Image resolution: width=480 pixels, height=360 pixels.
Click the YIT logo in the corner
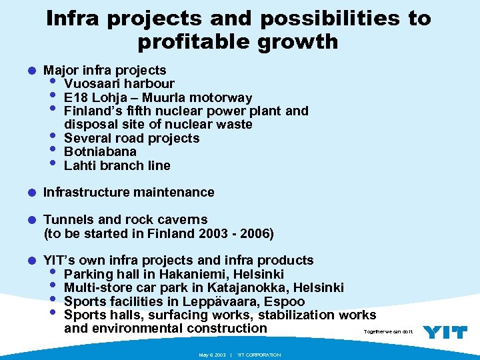point(445,332)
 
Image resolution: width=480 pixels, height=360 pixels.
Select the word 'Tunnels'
point(69,220)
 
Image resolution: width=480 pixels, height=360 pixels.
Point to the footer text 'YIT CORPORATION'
point(259,355)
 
